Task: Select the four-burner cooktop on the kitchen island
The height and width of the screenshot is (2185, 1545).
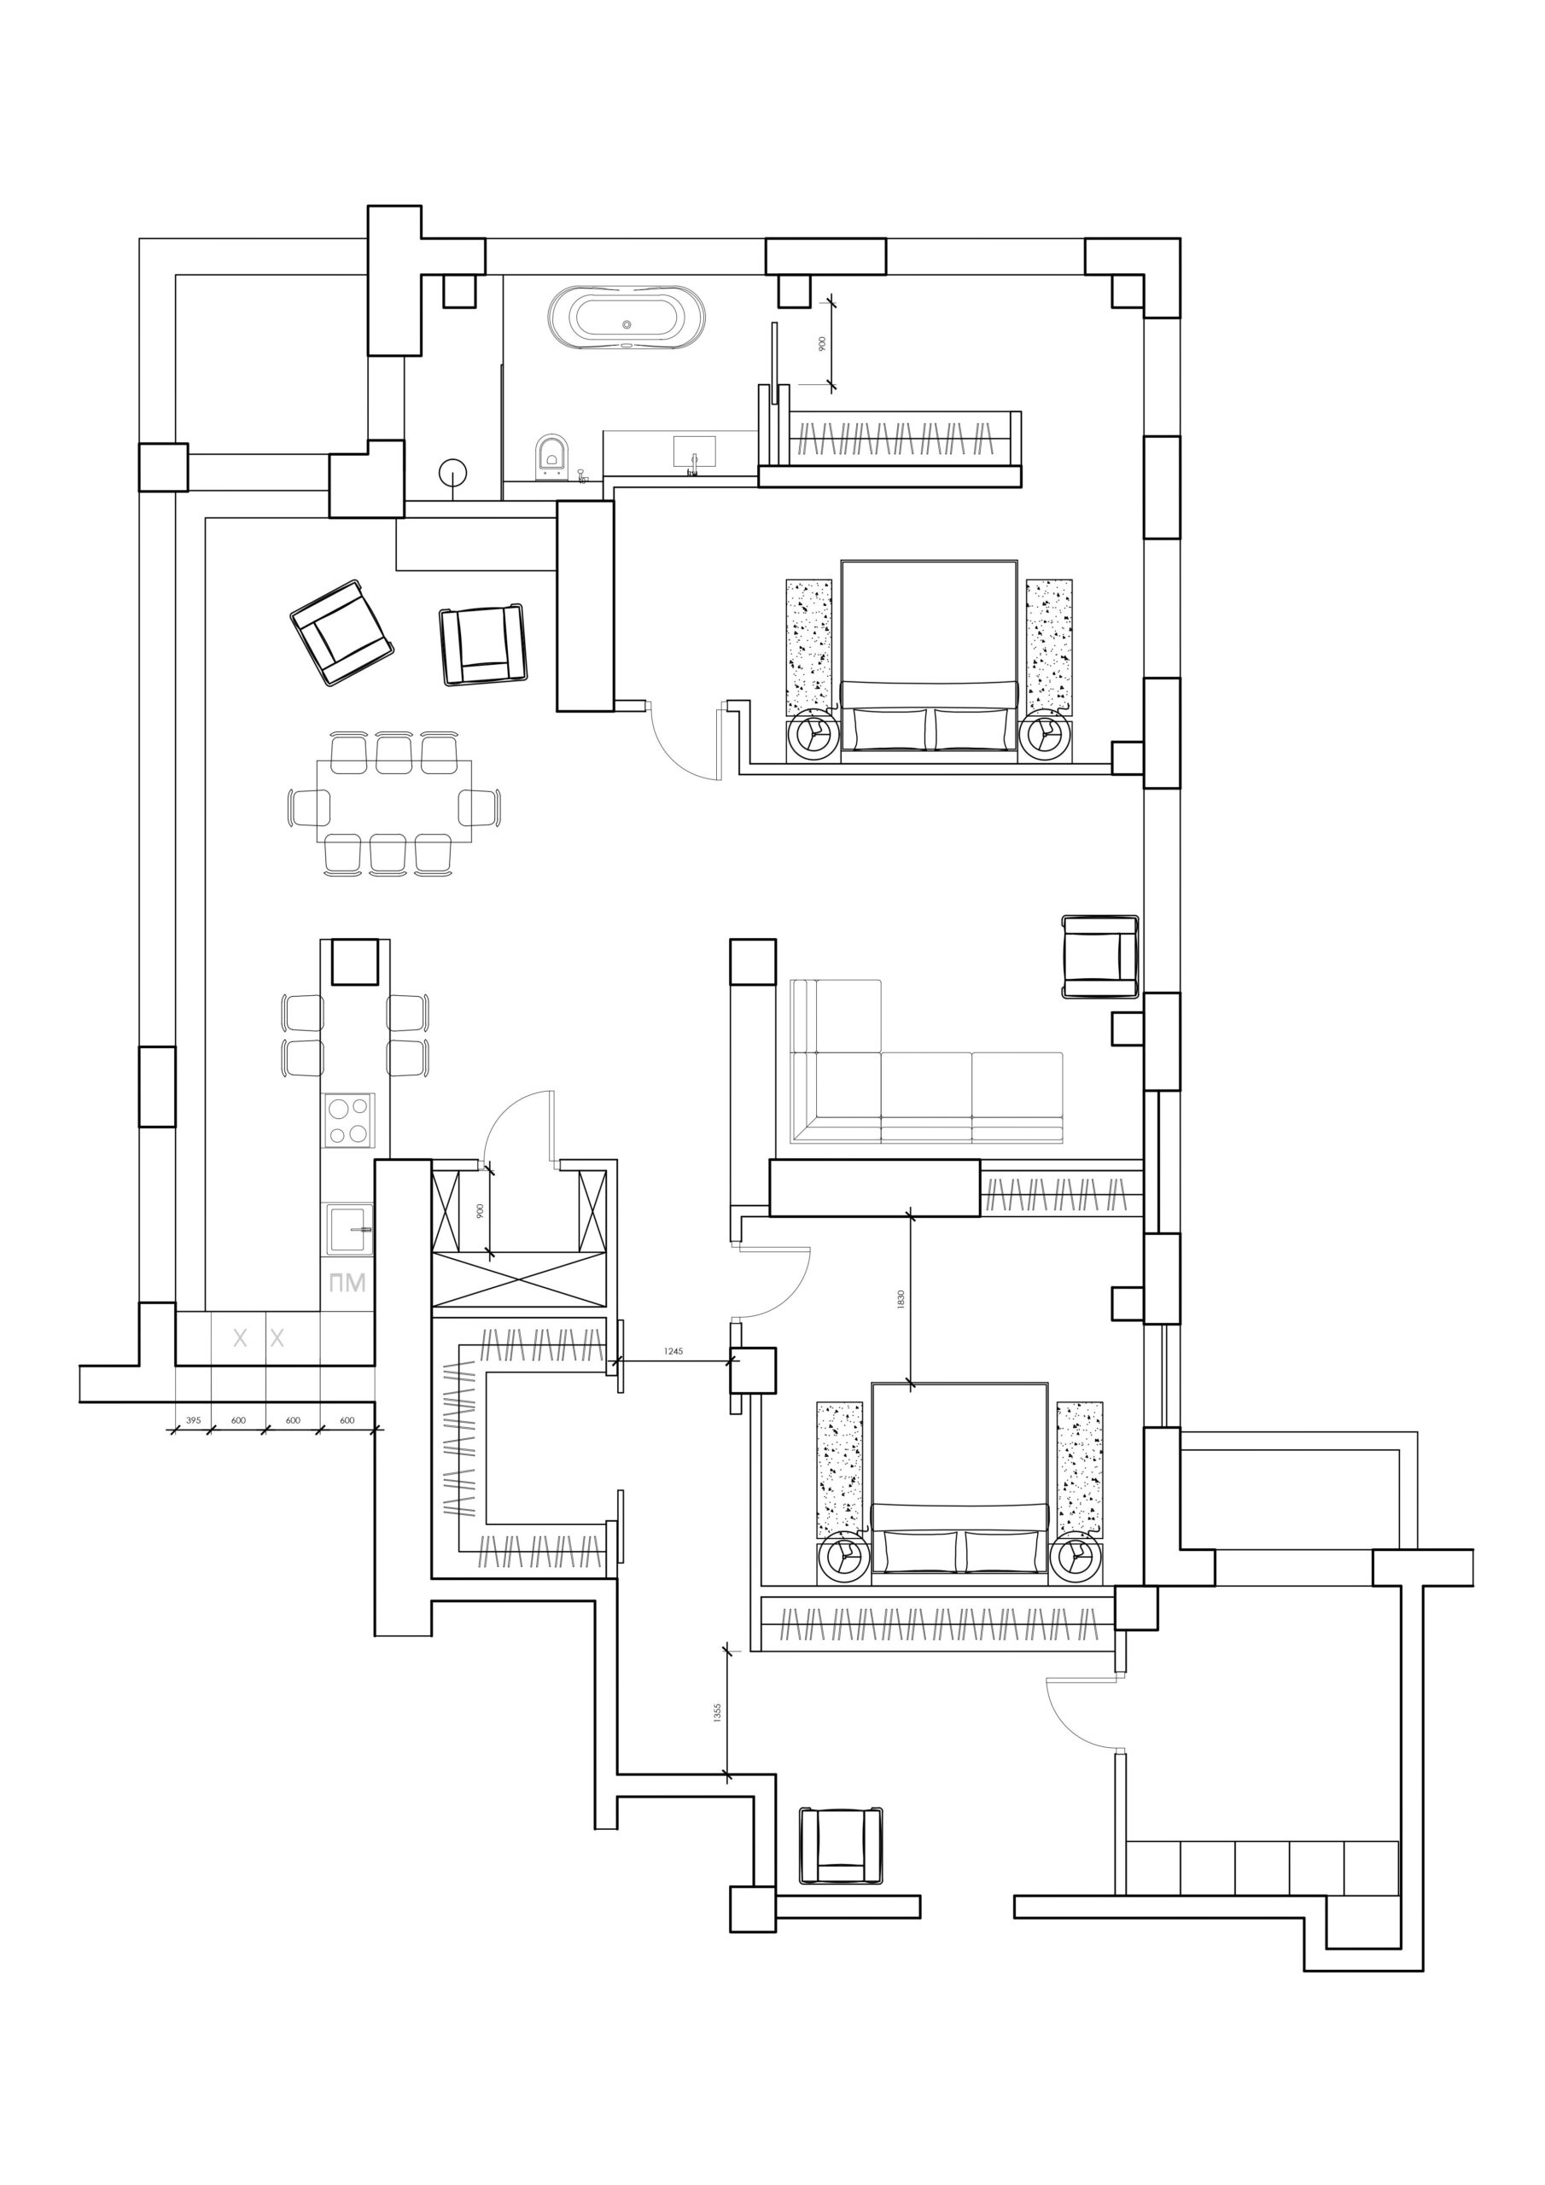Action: (x=348, y=1120)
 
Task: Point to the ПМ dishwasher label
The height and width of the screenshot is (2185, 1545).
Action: (x=347, y=1284)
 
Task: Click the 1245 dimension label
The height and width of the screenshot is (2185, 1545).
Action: (x=674, y=1352)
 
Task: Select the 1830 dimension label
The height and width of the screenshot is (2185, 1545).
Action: (x=901, y=1299)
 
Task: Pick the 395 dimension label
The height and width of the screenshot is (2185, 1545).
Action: (x=193, y=1420)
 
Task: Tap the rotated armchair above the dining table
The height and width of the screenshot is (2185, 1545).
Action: (x=341, y=632)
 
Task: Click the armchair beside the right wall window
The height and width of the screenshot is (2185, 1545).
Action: (x=1101, y=957)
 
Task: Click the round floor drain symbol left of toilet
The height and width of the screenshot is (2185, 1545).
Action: (x=453, y=473)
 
